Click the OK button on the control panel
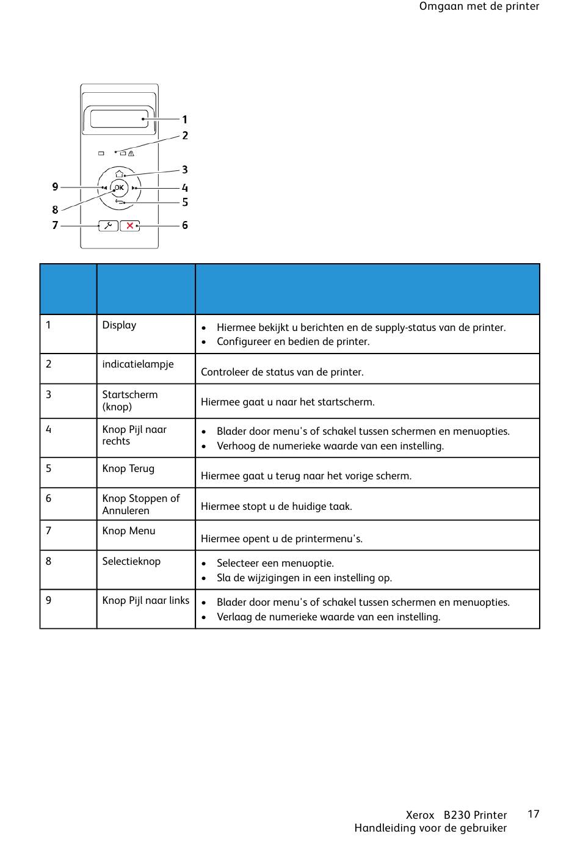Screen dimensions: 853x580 (x=119, y=188)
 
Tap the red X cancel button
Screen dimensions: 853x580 (x=129, y=226)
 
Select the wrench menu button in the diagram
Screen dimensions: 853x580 (x=108, y=226)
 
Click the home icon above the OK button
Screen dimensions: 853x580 (x=120, y=174)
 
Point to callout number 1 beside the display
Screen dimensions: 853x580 (x=185, y=120)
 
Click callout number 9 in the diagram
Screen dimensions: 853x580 (x=55, y=187)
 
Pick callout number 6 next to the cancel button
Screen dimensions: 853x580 (x=185, y=225)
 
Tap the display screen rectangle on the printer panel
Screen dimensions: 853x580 (x=120, y=118)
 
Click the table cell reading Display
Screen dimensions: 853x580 (x=119, y=325)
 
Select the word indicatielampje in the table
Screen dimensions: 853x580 (x=138, y=364)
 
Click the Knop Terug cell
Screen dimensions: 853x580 (x=128, y=468)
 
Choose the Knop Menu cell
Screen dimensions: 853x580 (x=129, y=531)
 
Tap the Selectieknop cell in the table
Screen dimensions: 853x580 (x=131, y=561)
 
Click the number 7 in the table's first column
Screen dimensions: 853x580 (x=49, y=531)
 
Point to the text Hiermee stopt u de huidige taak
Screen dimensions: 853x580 (x=276, y=506)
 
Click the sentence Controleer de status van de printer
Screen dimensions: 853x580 (x=282, y=372)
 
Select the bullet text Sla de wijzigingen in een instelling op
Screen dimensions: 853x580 (x=304, y=578)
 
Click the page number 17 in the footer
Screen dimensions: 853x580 (x=533, y=814)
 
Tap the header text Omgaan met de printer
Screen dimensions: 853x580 (x=479, y=7)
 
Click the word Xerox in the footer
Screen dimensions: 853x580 (x=420, y=815)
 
